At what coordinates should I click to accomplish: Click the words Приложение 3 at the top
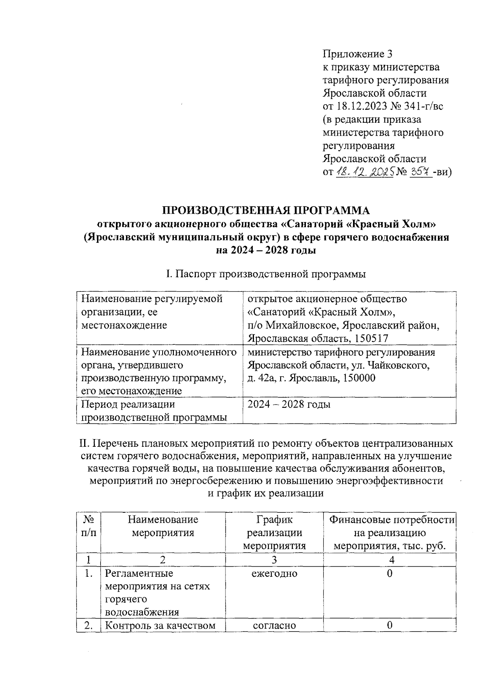click(x=357, y=54)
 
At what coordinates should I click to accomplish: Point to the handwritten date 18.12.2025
click(x=364, y=172)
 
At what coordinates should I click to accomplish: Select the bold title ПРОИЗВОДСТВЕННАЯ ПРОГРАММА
click(x=266, y=210)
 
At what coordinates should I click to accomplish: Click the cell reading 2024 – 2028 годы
click(x=289, y=404)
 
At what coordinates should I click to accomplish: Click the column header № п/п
click(x=89, y=526)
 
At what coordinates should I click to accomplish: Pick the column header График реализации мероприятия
click(x=275, y=533)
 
